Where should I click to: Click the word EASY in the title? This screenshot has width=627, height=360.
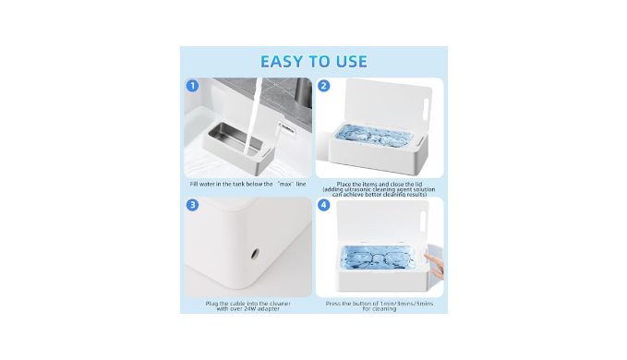(281, 62)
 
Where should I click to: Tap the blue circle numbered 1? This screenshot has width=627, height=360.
(193, 86)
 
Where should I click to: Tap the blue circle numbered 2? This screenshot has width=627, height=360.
(323, 86)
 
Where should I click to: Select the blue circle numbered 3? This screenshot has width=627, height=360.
(193, 205)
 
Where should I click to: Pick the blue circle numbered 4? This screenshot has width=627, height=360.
(323, 205)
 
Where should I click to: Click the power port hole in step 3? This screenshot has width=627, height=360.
(254, 254)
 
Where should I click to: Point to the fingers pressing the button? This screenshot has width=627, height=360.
(436, 267)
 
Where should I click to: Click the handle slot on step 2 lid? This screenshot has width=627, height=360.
(427, 107)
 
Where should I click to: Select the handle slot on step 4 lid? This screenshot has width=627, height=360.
(424, 218)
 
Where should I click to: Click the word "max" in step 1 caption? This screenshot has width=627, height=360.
(286, 185)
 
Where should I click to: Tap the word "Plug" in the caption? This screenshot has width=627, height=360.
(211, 304)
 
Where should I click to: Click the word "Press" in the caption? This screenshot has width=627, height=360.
(333, 304)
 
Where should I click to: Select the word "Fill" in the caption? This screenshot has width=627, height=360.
(194, 185)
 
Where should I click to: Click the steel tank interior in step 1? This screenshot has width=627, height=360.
(235, 138)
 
